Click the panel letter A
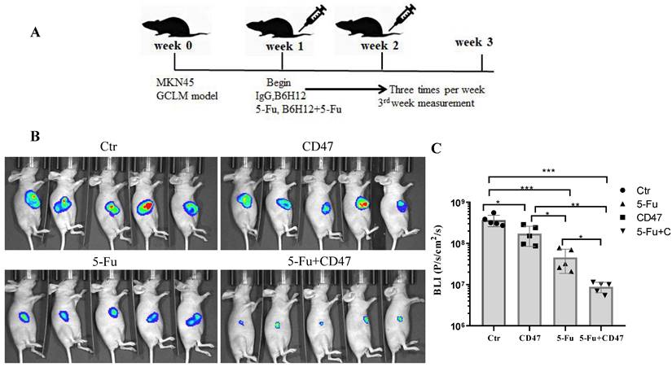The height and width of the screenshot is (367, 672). point(35,33)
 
